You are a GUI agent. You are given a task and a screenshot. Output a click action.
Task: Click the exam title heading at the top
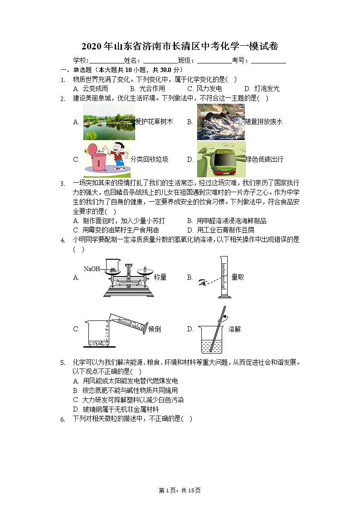[180, 46]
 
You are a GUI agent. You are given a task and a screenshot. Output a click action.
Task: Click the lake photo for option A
[109, 122]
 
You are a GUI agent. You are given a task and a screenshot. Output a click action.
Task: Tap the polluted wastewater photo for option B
[221, 122]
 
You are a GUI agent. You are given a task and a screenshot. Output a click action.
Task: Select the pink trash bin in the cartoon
[97, 160]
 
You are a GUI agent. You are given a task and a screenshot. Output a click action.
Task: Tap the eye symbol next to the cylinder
[203, 283]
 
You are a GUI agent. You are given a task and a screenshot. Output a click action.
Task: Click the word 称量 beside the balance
[160, 277]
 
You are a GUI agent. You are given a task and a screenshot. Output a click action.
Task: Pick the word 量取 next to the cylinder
[238, 277]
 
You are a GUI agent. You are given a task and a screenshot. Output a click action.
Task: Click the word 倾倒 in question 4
[155, 329]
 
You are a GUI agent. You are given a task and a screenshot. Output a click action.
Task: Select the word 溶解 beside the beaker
[234, 329]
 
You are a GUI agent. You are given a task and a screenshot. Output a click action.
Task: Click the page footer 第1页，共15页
[180, 490]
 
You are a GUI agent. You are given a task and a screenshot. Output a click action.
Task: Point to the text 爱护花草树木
[154, 121]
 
